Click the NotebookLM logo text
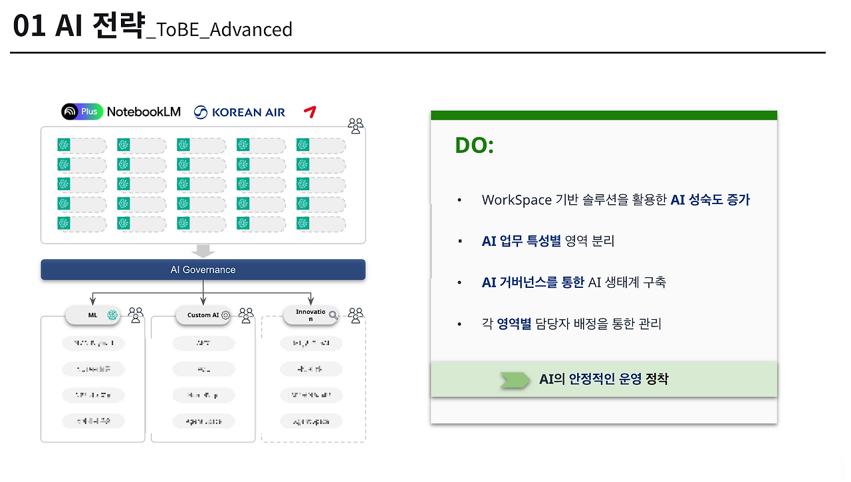click(144, 112)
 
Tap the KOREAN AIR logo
click(240, 112)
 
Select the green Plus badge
click(90, 112)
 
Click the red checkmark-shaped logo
click(308, 112)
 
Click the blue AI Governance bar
click(203, 270)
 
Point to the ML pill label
click(92, 315)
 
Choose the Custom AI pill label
click(203, 315)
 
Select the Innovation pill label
click(310, 315)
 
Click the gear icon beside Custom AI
click(225, 315)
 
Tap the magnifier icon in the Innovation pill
click(333, 315)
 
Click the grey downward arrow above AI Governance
click(203, 251)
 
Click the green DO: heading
click(474, 146)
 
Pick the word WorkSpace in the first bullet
click(517, 199)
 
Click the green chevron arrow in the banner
click(515, 380)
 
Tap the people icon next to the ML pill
click(136, 314)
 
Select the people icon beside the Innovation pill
click(356, 314)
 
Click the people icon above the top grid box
click(356, 126)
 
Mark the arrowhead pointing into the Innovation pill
click(311, 302)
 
